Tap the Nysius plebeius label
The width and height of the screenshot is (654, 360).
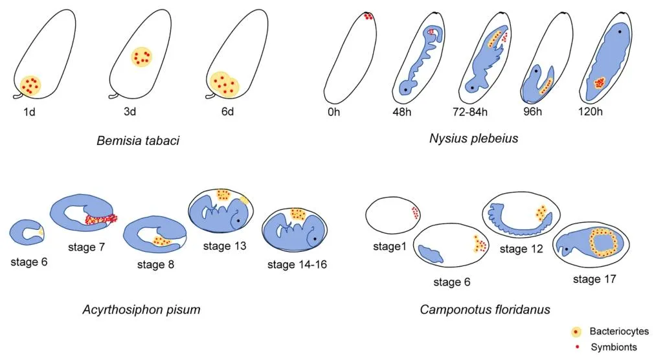473,139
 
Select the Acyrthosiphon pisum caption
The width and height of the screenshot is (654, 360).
141,309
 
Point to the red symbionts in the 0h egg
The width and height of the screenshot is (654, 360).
368,16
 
